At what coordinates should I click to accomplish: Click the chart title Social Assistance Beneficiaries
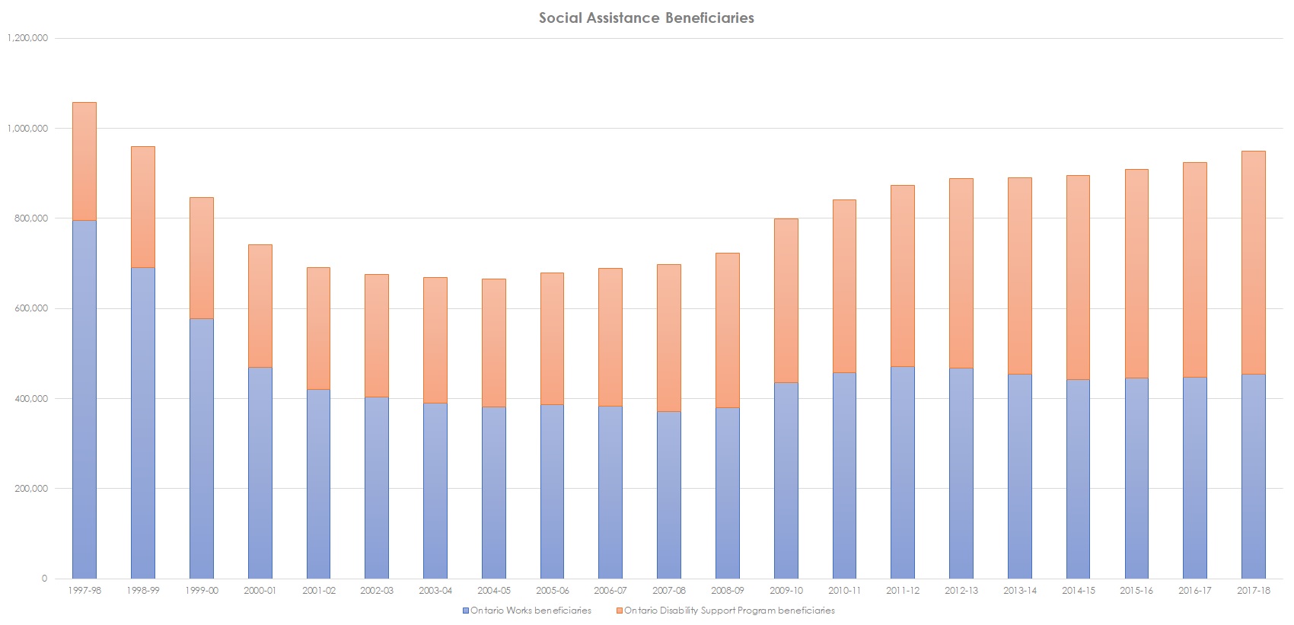point(646,18)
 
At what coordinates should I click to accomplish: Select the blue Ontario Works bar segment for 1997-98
point(84,400)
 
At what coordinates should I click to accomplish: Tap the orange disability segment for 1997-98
point(84,161)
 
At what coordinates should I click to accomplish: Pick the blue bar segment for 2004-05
point(493,493)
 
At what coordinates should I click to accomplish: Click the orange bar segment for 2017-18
point(1253,263)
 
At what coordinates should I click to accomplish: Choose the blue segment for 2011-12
point(903,472)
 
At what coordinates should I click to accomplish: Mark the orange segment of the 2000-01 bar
point(260,306)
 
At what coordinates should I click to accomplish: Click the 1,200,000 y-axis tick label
point(27,38)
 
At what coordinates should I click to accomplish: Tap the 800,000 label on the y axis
point(30,218)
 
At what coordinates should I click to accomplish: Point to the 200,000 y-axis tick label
point(30,489)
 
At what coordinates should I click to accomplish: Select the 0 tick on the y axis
point(44,579)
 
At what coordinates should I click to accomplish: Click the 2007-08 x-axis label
point(669,591)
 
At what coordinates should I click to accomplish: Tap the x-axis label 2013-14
point(1019,591)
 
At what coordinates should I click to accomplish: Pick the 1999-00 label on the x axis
point(201,591)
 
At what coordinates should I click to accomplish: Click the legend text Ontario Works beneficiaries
point(531,611)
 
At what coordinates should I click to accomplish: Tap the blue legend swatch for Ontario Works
point(466,611)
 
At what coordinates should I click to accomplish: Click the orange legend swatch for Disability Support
point(620,611)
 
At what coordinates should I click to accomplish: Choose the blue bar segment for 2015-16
point(1136,478)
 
